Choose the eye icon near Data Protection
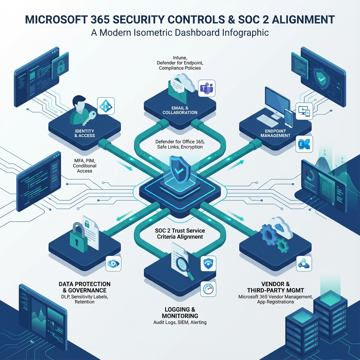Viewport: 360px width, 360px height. coord(113,263)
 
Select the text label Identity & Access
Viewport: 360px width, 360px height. coord(85,133)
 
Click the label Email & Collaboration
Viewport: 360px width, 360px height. coord(180,110)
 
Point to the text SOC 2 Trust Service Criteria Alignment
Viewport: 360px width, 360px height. coord(180,234)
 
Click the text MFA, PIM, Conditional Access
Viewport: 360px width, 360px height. coord(84,166)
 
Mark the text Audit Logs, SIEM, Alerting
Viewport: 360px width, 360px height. coord(180,322)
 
